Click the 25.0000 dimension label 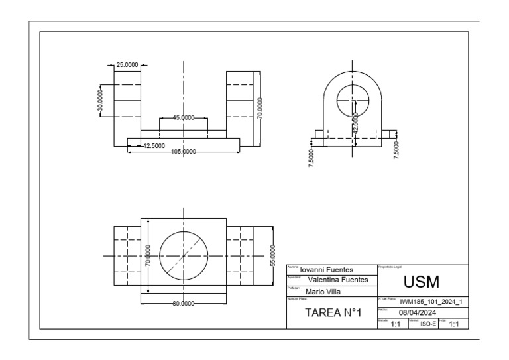pyautogui.click(x=127, y=65)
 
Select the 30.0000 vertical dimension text pyautogui.click(x=100, y=100)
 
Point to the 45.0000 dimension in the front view pyautogui.click(x=183, y=117)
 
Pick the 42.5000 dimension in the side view pyautogui.click(x=356, y=123)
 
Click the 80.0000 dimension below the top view pyautogui.click(x=183, y=303)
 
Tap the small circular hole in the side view pyautogui.click(x=351, y=100)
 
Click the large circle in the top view pyautogui.click(x=184, y=255)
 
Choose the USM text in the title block pyautogui.click(x=422, y=281)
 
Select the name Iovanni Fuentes pyautogui.click(x=325, y=270)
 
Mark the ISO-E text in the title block pyautogui.click(x=429, y=324)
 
